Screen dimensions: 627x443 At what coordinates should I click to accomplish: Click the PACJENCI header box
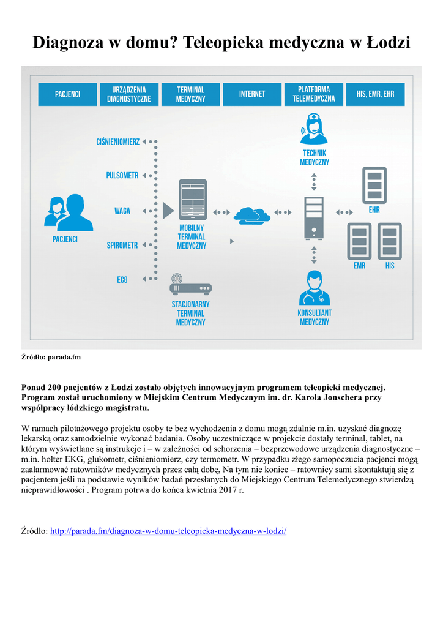tap(67, 94)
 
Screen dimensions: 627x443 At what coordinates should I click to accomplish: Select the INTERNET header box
tap(252, 94)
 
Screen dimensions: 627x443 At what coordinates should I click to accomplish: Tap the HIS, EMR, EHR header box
tap(375, 94)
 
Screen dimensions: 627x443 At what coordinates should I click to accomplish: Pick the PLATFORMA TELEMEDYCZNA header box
tap(314, 94)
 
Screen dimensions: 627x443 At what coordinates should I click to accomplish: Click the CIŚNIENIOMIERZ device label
tap(118, 142)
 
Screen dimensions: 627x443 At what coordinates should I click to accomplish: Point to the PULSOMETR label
tap(122, 176)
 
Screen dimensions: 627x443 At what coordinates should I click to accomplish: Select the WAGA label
tap(122, 211)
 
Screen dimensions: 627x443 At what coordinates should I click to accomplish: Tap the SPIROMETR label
tap(122, 246)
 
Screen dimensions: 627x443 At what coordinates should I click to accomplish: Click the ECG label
tap(122, 280)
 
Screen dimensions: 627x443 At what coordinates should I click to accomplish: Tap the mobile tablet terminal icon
tap(192, 200)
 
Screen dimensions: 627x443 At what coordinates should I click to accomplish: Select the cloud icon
tap(252, 214)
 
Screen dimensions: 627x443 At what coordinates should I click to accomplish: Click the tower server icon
tap(314, 217)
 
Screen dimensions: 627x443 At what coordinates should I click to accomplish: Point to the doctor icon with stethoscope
tap(314, 288)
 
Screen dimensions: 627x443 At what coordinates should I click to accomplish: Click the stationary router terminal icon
tap(190, 286)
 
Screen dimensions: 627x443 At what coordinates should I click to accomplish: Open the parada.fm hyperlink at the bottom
tap(168, 531)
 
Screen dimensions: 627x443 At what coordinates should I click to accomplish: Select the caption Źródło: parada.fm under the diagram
tap(51, 356)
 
